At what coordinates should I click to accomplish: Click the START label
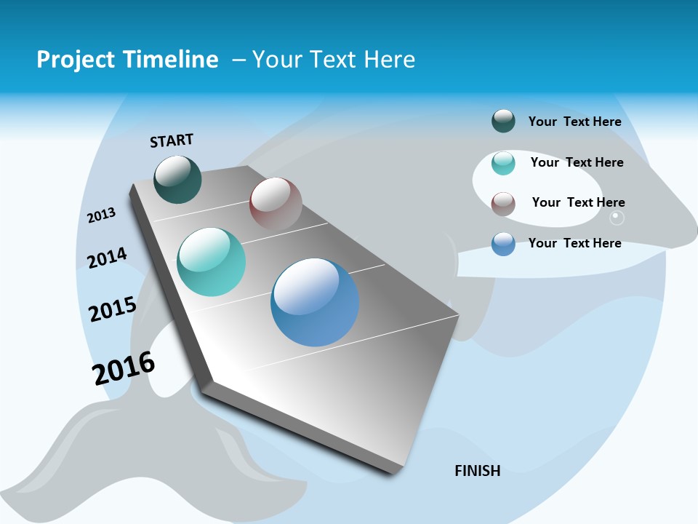(x=172, y=140)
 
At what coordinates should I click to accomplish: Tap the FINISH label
(x=477, y=471)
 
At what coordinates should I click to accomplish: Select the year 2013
(x=101, y=215)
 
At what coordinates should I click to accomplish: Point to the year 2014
(x=107, y=258)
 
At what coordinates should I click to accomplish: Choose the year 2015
(x=112, y=309)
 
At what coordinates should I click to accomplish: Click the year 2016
(x=124, y=368)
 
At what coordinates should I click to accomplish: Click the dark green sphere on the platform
(x=177, y=180)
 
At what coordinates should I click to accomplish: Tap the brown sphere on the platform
(x=276, y=203)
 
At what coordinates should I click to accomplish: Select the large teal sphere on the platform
(x=211, y=262)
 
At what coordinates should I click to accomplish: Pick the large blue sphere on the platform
(x=315, y=302)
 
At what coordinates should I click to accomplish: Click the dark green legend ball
(x=503, y=121)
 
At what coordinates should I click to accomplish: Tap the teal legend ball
(x=503, y=163)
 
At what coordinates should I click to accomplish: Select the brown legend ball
(x=503, y=204)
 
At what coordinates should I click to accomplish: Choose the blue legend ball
(x=503, y=244)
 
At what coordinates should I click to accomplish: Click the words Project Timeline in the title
(x=127, y=60)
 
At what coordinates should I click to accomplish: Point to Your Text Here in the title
(x=333, y=60)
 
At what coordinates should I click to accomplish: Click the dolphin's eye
(x=617, y=217)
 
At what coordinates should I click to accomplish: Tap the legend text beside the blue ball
(x=574, y=243)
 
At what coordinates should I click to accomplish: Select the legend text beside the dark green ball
(x=574, y=122)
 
